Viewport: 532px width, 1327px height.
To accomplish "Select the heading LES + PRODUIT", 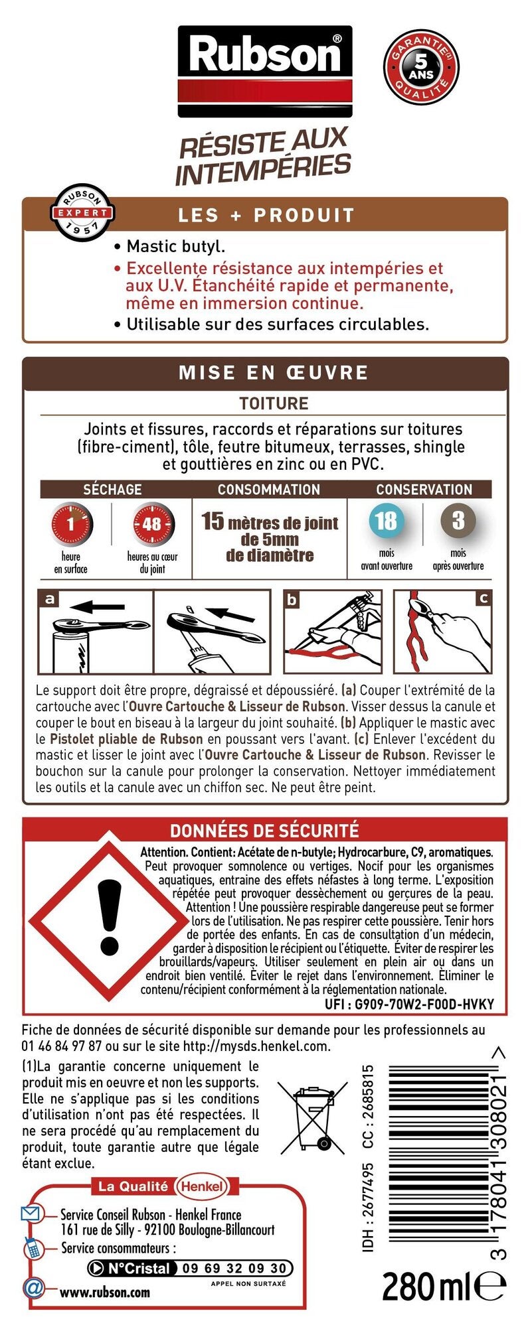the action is coord(266,215).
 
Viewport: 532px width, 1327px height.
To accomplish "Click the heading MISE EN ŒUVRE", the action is coord(273,372).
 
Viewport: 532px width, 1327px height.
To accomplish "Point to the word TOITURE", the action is coord(274,403).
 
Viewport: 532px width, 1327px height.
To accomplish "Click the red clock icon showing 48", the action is coord(152,524).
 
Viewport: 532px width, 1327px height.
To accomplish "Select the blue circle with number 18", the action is coord(387,521).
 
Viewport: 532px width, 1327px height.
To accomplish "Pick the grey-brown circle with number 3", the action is coord(458,521).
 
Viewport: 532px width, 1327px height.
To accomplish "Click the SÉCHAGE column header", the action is coord(112,490).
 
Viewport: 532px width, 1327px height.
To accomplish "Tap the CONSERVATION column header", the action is coord(424,490).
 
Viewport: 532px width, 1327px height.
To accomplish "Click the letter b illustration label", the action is coord(292,600).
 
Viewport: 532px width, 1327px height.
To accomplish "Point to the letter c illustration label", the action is coord(484,598).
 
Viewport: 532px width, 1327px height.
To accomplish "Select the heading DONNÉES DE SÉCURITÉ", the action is coord(264,830).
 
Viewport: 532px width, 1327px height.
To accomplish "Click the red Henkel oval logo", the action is coord(202,1186).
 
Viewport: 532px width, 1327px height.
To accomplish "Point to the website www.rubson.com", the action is coord(105,1292).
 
